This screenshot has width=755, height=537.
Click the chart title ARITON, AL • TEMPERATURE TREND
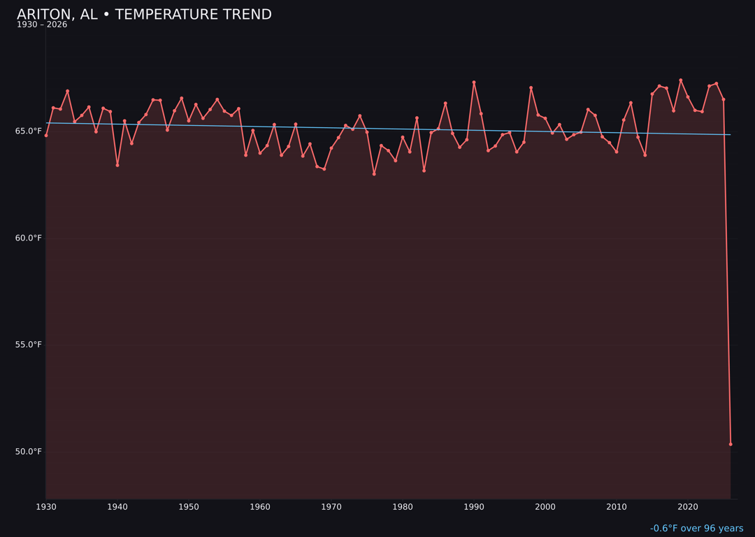pyautogui.click(x=144, y=15)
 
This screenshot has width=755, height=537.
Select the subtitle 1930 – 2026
pyautogui.click(x=42, y=25)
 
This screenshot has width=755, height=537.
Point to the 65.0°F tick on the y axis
pyautogui.click(x=29, y=131)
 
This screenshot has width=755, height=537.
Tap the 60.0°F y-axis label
pyautogui.click(x=29, y=238)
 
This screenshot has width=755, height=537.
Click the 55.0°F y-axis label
pyautogui.click(x=29, y=345)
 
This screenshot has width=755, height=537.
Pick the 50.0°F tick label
pyautogui.click(x=29, y=452)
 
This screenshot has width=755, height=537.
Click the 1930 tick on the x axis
pyautogui.click(x=46, y=507)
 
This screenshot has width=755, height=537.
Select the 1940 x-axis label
pyautogui.click(x=117, y=507)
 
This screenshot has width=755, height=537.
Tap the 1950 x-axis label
pyautogui.click(x=189, y=507)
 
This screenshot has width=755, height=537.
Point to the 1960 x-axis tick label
pyautogui.click(x=260, y=507)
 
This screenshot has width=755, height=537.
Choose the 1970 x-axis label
pyautogui.click(x=331, y=507)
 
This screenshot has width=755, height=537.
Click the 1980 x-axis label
pyautogui.click(x=403, y=507)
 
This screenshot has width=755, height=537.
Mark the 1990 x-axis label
pyautogui.click(x=474, y=507)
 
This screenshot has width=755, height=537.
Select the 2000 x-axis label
pyautogui.click(x=545, y=507)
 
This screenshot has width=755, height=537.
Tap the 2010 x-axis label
pyautogui.click(x=617, y=507)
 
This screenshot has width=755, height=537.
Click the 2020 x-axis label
pyautogui.click(x=688, y=507)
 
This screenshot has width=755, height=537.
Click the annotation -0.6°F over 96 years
pyautogui.click(x=696, y=529)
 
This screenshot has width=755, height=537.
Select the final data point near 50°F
pyautogui.click(x=731, y=444)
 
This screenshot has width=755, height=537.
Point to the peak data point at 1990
pyautogui.click(x=474, y=83)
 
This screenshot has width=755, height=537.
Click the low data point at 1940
pyautogui.click(x=117, y=165)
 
